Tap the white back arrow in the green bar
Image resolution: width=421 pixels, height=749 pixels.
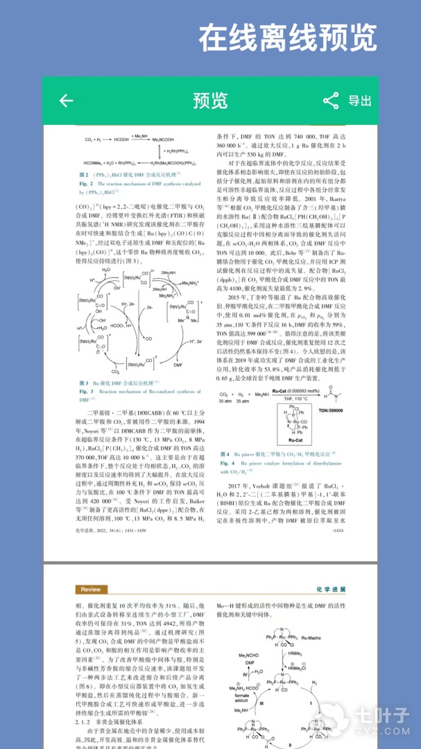click(x=66, y=101)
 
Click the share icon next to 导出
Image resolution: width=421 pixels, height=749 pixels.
click(x=331, y=101)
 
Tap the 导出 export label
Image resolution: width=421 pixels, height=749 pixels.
click(x=360, y=101)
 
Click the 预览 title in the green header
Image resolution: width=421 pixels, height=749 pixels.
click(x=210, y=101)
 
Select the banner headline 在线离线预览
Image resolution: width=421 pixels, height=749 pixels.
click(x=288, y=39)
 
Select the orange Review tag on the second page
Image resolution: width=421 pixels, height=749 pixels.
click(x=90, y=589)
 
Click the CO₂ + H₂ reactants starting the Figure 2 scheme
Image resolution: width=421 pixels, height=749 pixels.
click(x=94, y=140)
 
